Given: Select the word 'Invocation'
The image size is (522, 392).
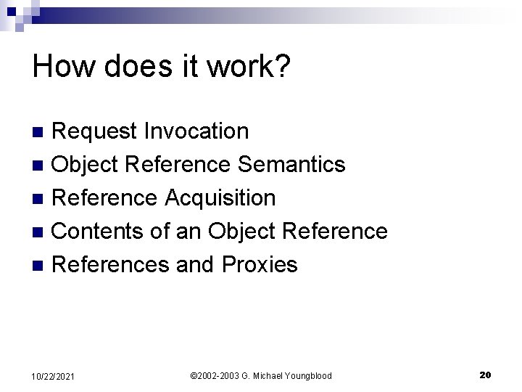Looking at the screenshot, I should coord(196,131).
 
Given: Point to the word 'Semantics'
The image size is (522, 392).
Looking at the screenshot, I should coord(291,165).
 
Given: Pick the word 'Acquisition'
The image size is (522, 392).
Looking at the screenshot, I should coord(220,197).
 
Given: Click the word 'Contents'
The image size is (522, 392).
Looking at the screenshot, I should coord(99,231).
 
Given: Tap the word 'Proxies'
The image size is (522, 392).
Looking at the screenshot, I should coord(260,264).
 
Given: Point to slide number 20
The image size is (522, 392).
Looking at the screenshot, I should coord(485,375).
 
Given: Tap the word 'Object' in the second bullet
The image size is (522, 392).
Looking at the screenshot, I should coord(86,165).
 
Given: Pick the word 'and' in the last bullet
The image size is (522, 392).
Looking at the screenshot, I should coord(195,264).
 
